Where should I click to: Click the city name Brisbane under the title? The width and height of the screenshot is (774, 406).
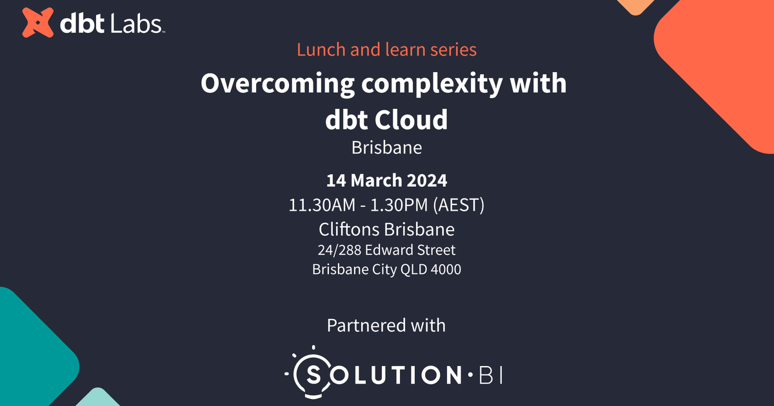[x=386, y=148]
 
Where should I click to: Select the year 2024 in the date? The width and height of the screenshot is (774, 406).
[x=424, y=180]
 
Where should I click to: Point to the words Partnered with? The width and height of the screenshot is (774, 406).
[x=386, y=325]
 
